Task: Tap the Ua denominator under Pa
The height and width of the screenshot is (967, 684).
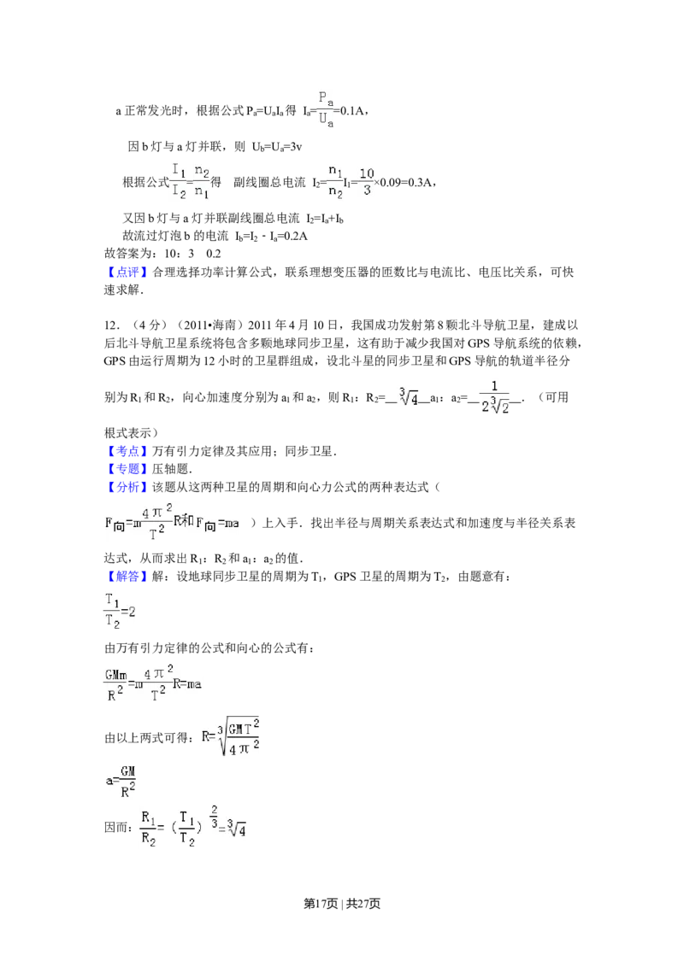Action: click(325, 120)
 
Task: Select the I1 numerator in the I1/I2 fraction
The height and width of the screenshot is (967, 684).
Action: click(178, 170)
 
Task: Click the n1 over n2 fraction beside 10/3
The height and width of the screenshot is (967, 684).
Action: click(334, 181)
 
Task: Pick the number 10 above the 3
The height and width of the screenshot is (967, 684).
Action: click(366, 173)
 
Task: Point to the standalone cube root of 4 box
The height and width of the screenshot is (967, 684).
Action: click(410, 396)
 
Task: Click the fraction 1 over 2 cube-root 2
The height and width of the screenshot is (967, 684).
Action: click(495, 396)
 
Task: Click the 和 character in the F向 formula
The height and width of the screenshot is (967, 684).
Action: click(186, 522)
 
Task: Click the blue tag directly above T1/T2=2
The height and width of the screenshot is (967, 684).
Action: click(127, 577)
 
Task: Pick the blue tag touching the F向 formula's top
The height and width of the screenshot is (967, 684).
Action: click(127, 488)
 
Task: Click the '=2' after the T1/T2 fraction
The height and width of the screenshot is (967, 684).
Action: click(128, 612)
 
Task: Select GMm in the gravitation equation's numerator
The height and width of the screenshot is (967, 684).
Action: click(115, 672)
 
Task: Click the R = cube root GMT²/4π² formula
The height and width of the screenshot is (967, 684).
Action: click(229, 735)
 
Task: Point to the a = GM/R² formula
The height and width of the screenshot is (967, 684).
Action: click(121, 782)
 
